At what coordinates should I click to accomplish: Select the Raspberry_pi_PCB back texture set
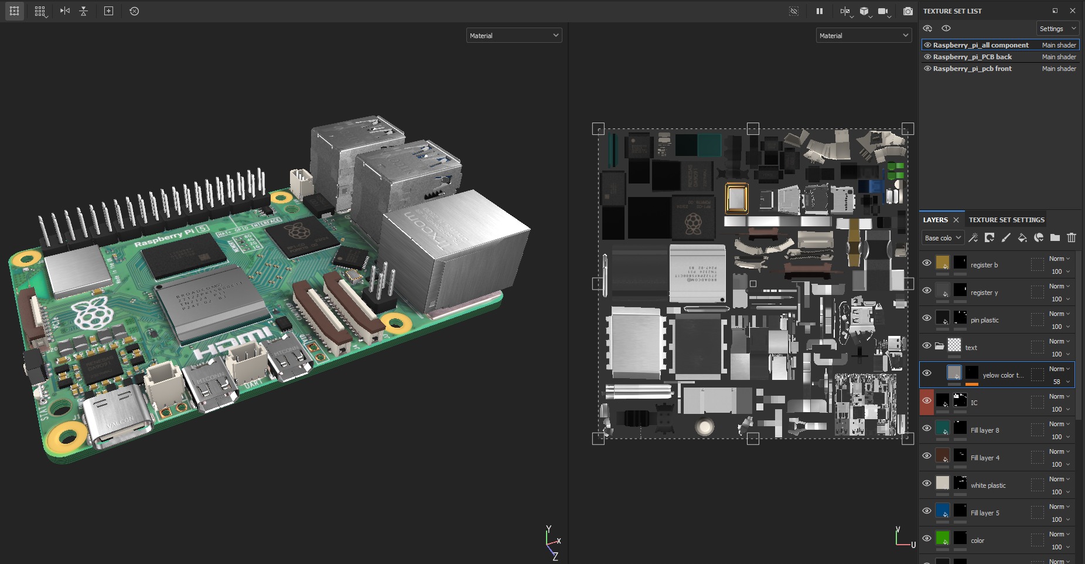(x=972, y=57)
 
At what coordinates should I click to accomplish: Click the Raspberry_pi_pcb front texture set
(x=972, y=69)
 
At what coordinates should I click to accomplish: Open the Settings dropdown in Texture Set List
(x=1057, y=29)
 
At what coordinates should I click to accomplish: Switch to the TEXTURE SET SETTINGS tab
(x=1006, y=220)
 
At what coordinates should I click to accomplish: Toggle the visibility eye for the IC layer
(x=927, y=400)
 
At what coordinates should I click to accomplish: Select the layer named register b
(x=984, y=265)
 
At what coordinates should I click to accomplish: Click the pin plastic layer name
(x=984, y=320)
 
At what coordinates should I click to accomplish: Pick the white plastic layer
(x=988, y=485)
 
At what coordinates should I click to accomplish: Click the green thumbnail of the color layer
(x=942, y=538)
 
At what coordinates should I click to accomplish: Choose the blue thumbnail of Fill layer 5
(x=942, y=511)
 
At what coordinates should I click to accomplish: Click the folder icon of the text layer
(x=939, y=346)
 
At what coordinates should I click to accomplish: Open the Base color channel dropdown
(x=942, y=238)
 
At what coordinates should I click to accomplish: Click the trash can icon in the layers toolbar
(x=1071, y=237)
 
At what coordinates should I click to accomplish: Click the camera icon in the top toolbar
(x=907, y=11)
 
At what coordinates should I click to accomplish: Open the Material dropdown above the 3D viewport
(x=514, y=36)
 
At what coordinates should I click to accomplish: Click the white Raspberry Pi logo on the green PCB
(x=91, y=312)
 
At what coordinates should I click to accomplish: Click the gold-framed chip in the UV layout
(x=736, y=198)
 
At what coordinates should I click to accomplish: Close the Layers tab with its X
(x=956, y=220)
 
